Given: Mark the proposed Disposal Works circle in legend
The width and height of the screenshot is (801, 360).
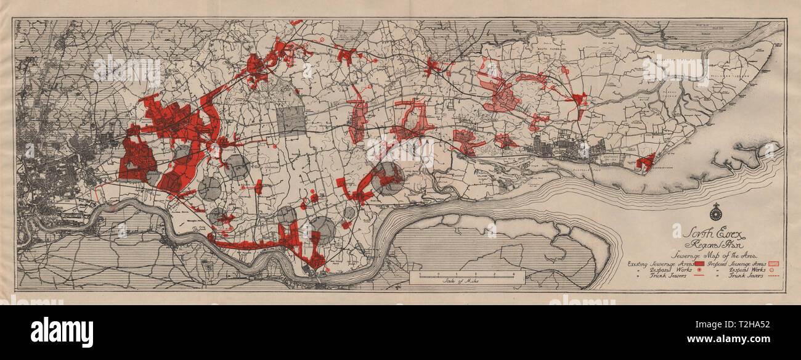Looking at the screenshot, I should tap(765, 269).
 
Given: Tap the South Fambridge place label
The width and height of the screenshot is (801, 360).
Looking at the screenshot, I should tap(549, 47).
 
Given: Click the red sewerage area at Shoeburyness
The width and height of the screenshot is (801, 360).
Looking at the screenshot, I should tap(645, 162).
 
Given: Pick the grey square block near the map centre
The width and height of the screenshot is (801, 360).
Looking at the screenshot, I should tap(291, 120).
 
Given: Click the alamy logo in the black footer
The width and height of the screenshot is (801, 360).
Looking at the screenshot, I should tap(62, 332).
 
